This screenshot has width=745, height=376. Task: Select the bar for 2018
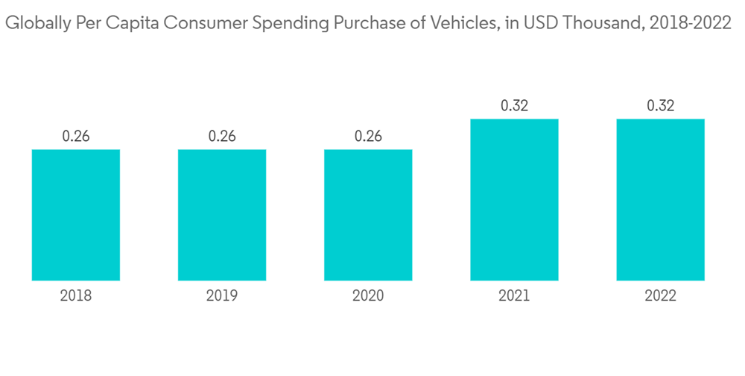[x=76, y=215]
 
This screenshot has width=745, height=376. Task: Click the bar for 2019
[x=222, y=215]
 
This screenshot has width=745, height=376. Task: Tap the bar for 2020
[x=368, y=215]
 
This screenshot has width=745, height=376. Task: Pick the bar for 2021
[x=514, y=200]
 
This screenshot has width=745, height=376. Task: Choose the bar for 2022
[x=660, y=200]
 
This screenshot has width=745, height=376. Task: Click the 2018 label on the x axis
[x=76, y=296]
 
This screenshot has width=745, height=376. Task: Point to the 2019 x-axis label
[x=222, y=296]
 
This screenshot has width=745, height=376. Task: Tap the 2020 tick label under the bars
[x=368, y=296]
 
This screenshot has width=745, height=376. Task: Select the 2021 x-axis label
[x=514, y=296]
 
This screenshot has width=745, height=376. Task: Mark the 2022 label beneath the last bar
[x=660, y=296]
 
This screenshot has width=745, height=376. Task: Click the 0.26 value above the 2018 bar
[x=76, y=137]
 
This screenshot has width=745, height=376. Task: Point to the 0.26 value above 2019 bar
[x=222, y=137]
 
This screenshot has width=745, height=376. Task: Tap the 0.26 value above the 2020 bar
[x=368, y=137]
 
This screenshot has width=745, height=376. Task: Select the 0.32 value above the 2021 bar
[x=514, y=106]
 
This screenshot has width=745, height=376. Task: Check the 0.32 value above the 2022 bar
[x=660, y=106]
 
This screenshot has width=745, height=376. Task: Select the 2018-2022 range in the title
[x=690, y=25]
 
